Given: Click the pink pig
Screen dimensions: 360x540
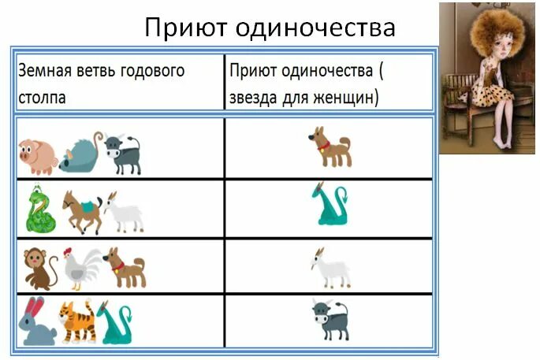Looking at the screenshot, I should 36,154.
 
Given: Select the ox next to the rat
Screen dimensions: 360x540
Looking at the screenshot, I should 123,153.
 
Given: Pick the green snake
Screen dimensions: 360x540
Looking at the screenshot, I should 39,209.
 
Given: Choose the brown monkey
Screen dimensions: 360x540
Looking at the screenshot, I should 39,267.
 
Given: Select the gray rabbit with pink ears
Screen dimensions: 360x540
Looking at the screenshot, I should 37,323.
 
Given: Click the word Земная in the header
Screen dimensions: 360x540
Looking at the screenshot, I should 44,70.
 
